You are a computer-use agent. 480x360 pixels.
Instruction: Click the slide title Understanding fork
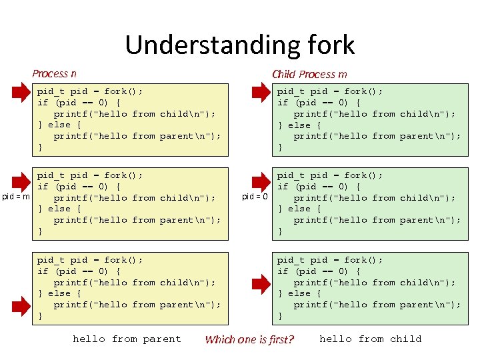coord(239,45)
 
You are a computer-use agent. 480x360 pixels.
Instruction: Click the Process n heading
coord(54,73)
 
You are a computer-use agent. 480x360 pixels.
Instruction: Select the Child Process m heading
coord(309,74)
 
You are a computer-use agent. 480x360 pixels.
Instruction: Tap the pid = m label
coord(16,196)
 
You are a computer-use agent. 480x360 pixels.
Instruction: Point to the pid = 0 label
coord(255,197)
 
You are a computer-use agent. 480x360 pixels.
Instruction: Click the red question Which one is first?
coord(249,339)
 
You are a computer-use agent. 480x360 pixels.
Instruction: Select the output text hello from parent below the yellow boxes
coord(127,339)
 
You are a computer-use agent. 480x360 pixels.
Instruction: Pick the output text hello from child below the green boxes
coord(370,339)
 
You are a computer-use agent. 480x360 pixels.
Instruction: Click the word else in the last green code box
coord(299,293)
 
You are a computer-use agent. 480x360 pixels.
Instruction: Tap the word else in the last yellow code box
coord(59,293)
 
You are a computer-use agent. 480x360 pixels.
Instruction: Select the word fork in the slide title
coord(328,45)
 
